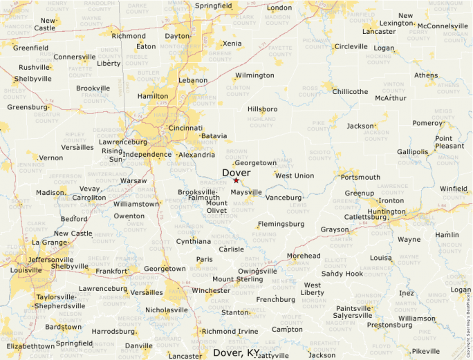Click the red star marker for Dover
tap(236, 180)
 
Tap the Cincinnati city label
tap(185, 128)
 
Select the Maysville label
tap(246, 192)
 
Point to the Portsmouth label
tap(360, 177)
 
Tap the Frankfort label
tap(113, 272)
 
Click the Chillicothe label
tap(350, 91)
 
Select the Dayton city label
tap(177, 36)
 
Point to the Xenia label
tap(232, 44)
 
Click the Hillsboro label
tap(263, 109)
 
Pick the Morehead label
tap(304, 256)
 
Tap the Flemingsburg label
tap(281, 224)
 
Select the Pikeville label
tap(425, 351)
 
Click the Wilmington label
tap(254, 75)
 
